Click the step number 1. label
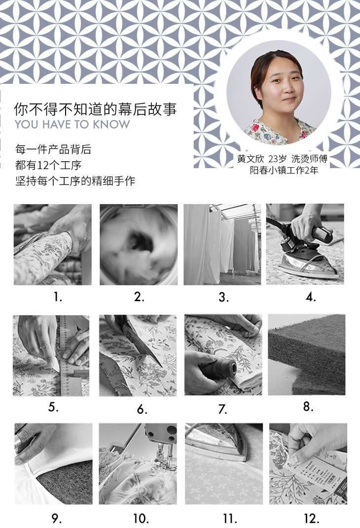(58, 297)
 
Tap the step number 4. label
(311, 297)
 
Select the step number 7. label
(222, 409)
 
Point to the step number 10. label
(141, 518)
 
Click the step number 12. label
(312, 518)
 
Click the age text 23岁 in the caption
(277, 159)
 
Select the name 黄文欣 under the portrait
(251, 159)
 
